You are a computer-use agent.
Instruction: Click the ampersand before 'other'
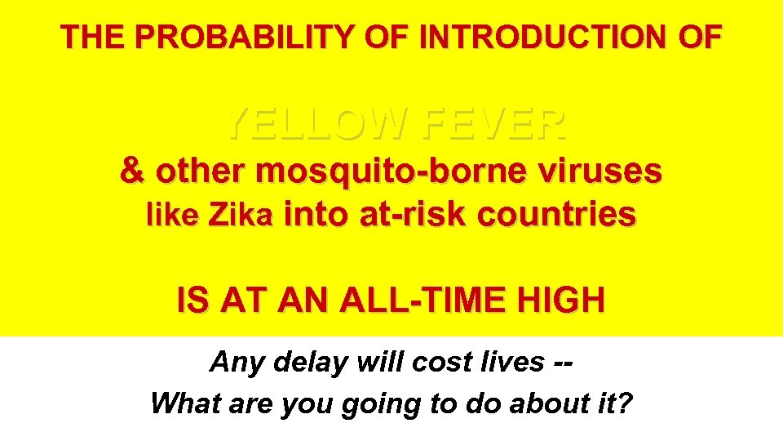(x=131, y=171)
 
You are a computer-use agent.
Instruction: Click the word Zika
(x=240, y=216)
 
